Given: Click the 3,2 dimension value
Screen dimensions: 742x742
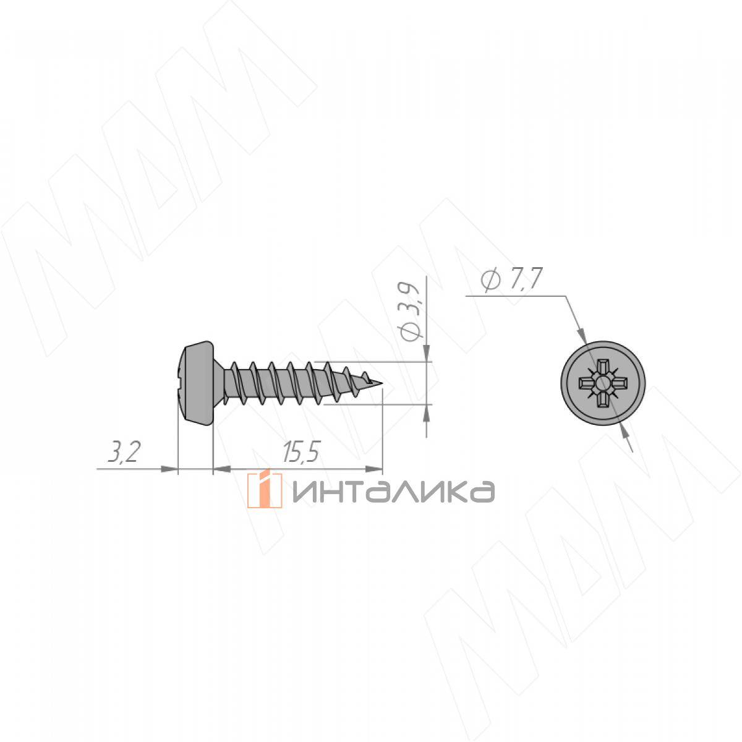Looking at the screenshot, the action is point(123,452).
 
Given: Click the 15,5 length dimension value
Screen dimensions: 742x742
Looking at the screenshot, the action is point(302,452).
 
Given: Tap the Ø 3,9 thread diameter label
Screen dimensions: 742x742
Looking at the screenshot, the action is point(409,312).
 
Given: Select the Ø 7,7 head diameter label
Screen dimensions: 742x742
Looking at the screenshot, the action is point(512,278).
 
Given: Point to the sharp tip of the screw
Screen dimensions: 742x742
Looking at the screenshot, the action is point(382,383).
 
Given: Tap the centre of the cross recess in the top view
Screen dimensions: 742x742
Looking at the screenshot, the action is point(603,383).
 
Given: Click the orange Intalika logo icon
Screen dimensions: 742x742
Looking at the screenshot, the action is point(265,490).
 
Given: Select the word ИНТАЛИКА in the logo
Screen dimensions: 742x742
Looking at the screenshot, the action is point(394,492).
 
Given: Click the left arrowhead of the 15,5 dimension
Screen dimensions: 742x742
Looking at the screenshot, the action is point(222,469).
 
